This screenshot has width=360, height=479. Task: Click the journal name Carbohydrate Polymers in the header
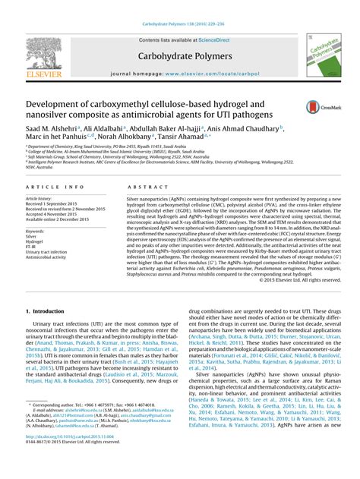pyautogui.click(x=180, y=56)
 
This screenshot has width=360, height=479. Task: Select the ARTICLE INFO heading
pyautogui.click(x=55, y=186)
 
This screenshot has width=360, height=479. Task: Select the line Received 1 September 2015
pyautogui.click(x=56, y=204)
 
